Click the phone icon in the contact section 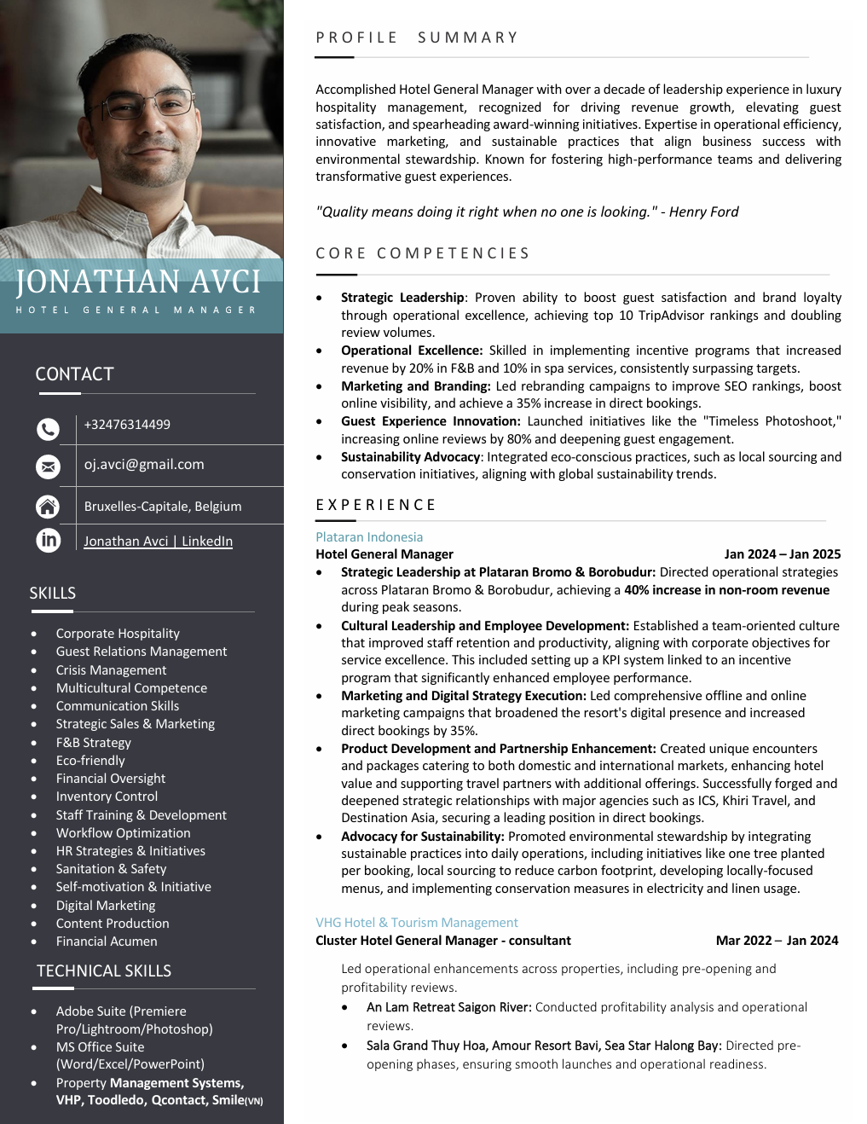[x=49, y=429]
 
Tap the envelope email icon [x=49, y=466]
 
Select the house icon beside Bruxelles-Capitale [x=49, y=507]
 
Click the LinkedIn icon [x=49, y=540]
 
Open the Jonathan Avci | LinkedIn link [x=158, y=542]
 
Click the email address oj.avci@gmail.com [x=144, y=465]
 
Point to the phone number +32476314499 [x=127, y=425]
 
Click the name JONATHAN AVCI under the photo [x=138, y=282]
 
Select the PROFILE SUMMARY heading [x=416, y=38]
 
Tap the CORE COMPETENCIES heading [x=422, y=253]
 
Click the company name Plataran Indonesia [x=369, y=537]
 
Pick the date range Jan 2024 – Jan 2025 [x=782, y=554]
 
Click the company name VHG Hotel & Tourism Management [x=416, y=923]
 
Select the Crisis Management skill [x=111, y=670]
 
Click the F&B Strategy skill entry [x=94, y=743]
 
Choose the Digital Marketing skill [x=106, y=906]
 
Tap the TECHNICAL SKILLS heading [x=104, y=971]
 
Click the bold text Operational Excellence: [x=412, y=351]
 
